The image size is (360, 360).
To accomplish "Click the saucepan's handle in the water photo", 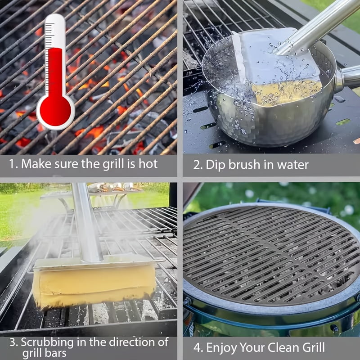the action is click(348, 78).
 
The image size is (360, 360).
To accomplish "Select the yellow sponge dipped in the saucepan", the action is click(287, 92).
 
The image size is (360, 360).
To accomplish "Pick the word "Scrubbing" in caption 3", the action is click(47, 343).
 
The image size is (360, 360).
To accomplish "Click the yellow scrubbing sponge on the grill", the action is click(94, 286).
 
